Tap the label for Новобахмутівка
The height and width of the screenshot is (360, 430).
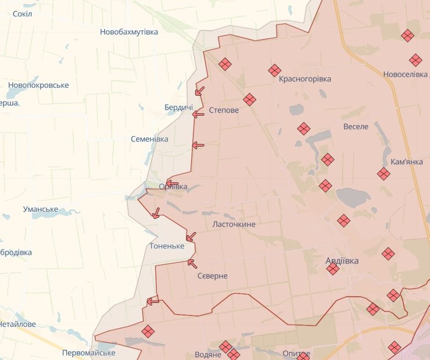pos(129,32)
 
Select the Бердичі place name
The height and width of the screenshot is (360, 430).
pos(178,108)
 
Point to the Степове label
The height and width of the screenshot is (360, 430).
pos(224,110)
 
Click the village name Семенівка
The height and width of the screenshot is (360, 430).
pos(149,139)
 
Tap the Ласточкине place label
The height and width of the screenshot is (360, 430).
pos(234,224)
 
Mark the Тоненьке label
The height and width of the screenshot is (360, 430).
pos(167,246)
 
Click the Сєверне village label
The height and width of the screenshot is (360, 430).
pos(212,276)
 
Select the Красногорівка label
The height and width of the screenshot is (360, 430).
pos(304,79)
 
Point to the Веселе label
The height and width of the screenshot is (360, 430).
pos(356,126)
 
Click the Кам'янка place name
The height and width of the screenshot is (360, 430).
pos(407,162)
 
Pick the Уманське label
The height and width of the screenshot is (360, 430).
pos(41,209)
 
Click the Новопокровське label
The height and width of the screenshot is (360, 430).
pos(38,85)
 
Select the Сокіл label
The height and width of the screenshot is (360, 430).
pos(22,13)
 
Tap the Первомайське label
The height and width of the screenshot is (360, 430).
pos(88,352)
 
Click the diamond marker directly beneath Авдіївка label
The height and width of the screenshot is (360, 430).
pos(333,269)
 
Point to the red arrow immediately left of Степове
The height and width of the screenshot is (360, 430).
pos(198,114)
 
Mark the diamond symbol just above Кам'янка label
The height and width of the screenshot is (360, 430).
pos(384,174)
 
